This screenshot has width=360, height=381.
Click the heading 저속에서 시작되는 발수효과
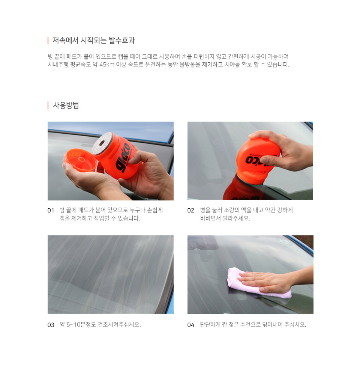point(93,40)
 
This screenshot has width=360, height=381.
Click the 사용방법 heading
point(66,105)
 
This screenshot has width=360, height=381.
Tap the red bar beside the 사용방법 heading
point(48,105)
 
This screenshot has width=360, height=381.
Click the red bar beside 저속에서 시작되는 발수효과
point(48,41)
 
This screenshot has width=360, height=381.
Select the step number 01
point(51,211)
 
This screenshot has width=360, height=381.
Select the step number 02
point(190,211)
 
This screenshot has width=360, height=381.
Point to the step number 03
point(51,325)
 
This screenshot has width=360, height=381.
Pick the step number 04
point(190,325)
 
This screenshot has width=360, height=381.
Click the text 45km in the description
point(107,65)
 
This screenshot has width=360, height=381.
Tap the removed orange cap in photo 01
point(80,160)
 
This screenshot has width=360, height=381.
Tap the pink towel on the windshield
point(259,283)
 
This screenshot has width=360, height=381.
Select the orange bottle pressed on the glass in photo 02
point(257,159)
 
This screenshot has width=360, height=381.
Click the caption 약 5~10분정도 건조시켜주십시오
point(100,325)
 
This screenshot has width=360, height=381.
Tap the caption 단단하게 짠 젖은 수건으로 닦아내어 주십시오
point(253,325)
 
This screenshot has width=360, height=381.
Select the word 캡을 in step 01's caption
point(64,218)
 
